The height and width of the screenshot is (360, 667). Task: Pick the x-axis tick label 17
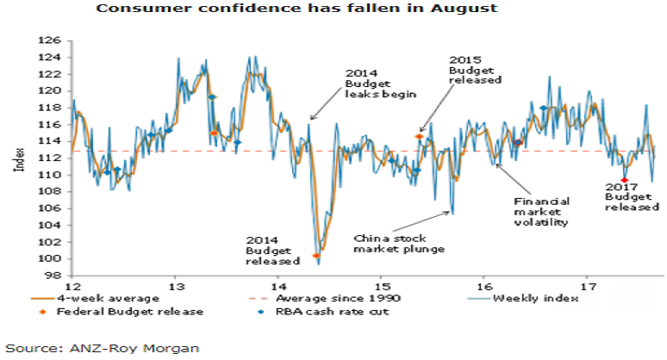(x=589, y=285)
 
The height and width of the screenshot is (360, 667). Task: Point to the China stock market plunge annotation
(x=399, y=243)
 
